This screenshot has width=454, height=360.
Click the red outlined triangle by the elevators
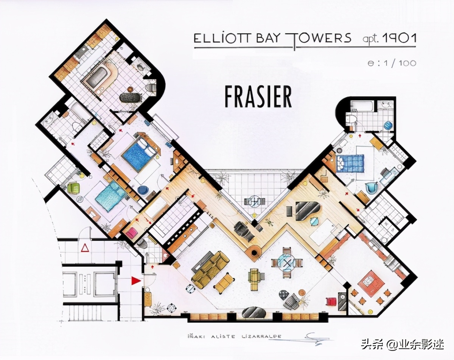coord(85,248)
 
